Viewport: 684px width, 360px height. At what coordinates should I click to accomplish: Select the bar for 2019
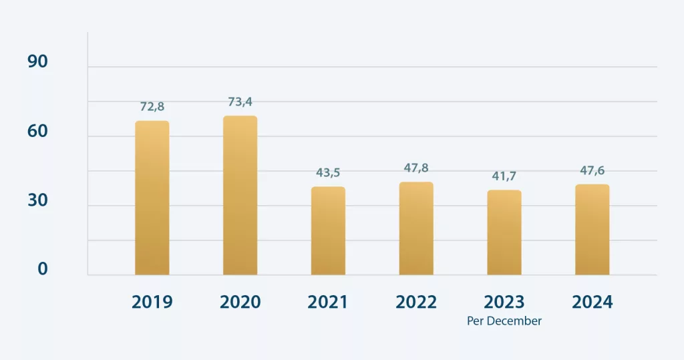[152, 198]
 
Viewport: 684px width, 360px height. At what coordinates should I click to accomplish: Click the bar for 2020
[240, 195]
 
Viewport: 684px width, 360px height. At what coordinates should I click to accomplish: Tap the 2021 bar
[328, 230]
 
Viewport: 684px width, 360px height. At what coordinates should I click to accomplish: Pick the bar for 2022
[416, 228]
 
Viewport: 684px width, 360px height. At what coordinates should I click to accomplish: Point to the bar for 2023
[504, 232]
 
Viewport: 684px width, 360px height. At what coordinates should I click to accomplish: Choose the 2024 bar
[592, 229]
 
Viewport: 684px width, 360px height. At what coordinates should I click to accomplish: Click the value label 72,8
[152, 107]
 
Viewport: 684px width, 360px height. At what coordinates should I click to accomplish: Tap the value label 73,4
[240, 102]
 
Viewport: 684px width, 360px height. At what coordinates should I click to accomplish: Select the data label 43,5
[328, 172]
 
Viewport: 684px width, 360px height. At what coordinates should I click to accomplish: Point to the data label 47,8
[416, 168]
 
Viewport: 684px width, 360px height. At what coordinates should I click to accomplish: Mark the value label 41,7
[504, 176]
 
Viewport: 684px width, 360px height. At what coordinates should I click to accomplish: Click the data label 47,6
[592, 170]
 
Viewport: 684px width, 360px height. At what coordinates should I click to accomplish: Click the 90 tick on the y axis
[38, 61]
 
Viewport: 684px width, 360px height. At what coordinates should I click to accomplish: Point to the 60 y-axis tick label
[38, 131]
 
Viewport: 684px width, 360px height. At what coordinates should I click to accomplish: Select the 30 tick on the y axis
[38, 200]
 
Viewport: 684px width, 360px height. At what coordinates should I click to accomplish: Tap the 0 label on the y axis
[43, 268]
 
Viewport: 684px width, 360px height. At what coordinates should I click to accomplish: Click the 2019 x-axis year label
[152, 302]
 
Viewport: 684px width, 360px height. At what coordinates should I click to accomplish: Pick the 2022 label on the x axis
[416, 302]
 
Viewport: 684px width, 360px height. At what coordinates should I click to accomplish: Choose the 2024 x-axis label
[592, 302]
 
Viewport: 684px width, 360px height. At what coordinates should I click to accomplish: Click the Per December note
[504, 321]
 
